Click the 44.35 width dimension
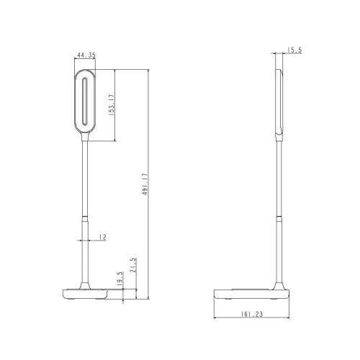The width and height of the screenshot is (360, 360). click(x=86, y=54)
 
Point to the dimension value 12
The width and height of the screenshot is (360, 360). click(x=103, y=237)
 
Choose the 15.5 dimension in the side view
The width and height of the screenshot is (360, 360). click(x=293, y=50)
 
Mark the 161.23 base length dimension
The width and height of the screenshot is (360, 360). click(x=253, y=314)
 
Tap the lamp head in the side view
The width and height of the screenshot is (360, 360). click(x=279, y=101)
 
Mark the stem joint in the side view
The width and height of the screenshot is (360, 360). click(x=279, y=216)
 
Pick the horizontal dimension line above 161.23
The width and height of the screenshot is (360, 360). click(x=253, y=319)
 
